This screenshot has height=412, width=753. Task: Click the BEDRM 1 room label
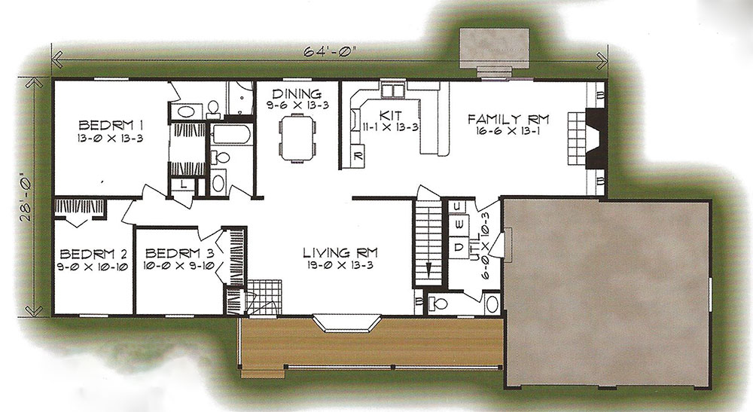click(x=111, y=126)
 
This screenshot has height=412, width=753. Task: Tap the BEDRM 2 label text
click(x=93, y=254)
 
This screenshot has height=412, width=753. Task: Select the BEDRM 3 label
click(x=179, y=253)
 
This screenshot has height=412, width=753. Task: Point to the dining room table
click(x=297, y=138)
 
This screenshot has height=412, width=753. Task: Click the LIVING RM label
click(x=340, y=252)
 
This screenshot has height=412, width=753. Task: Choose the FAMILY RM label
click(x=508, y=118)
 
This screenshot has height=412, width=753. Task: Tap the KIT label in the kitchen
click(x=390, y=116)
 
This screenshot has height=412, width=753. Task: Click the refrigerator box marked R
click(x=358, y=156)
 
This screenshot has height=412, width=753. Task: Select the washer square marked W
click(x=459, y=223)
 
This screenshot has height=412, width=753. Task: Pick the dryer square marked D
click(x=459, y=247)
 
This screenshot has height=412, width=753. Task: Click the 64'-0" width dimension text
click(x=331, y=50)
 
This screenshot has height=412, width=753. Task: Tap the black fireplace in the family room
click(x=596, y=139)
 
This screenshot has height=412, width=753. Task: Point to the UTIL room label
click(x=474, y=246)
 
